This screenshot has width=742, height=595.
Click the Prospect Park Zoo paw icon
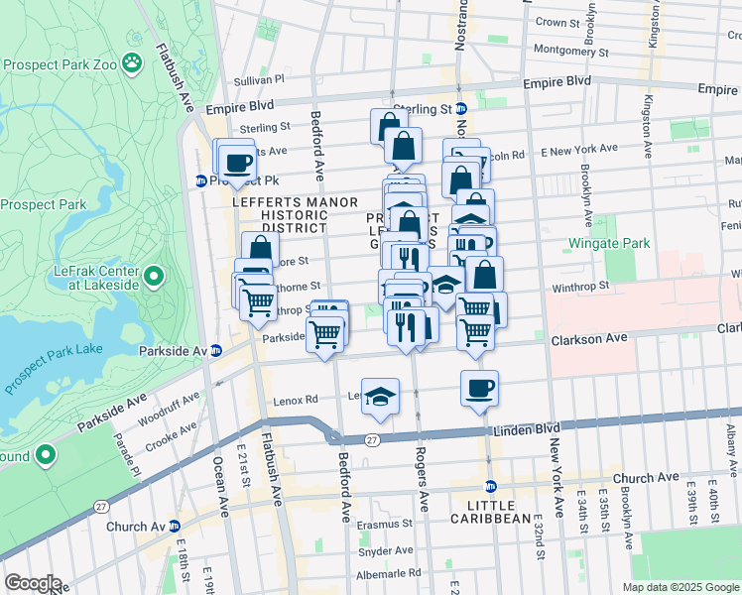(132, 64)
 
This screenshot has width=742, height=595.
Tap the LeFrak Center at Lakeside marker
(154, 275)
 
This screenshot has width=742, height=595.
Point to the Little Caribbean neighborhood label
(492, 518)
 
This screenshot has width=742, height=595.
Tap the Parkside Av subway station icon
(215, 351)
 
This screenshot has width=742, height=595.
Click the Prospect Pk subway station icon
(200, 181)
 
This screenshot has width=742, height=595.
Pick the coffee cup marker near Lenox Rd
(479, 388)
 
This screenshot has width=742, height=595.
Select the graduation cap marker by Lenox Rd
(379, 396)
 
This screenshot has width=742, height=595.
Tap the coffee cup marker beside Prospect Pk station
(236, 162)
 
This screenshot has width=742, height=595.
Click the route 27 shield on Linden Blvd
(372, 439)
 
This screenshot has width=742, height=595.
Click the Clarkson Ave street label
(589, 338)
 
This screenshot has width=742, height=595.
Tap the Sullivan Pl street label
(259, 79)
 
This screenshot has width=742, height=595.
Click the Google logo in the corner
(33, 583)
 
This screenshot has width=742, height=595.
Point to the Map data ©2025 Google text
(680, 587)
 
